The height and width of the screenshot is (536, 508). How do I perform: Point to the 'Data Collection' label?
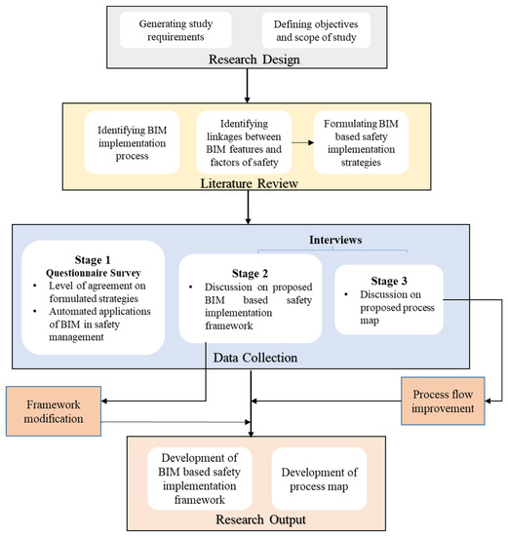click(253, 358)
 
